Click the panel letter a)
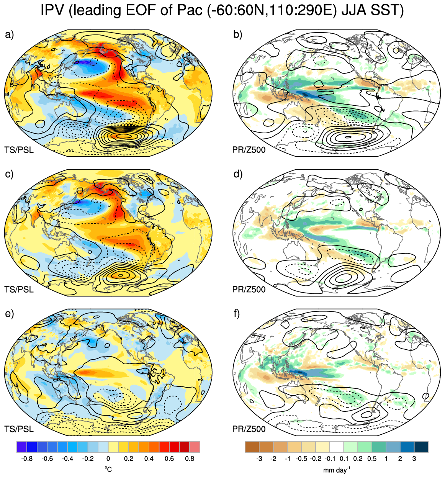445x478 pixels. tap(10, 35)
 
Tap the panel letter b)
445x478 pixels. tap(237, 35)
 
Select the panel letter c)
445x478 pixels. tap(9, 175)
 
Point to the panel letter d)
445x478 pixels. tap(238, 174)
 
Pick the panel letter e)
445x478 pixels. tap(10, 314)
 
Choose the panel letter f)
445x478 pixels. tap(237, 314)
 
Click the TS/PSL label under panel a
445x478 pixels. tap(19, 150)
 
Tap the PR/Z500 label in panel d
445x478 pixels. tap(249, 289)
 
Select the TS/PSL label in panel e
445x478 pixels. tap(19, 429)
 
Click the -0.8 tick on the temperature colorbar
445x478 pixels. tap(27, 459)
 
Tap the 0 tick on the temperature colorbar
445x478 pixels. tap(108, 459)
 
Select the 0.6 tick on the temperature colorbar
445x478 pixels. tap(169, 459)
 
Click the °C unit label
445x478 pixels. tap(108, 469)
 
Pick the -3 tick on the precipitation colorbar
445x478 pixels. tap(259, 459)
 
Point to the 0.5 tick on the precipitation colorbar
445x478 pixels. tap(372, 459)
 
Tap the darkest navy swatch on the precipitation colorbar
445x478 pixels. tap(421, 447)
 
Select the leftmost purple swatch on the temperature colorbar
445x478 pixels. tap(22, 447)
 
